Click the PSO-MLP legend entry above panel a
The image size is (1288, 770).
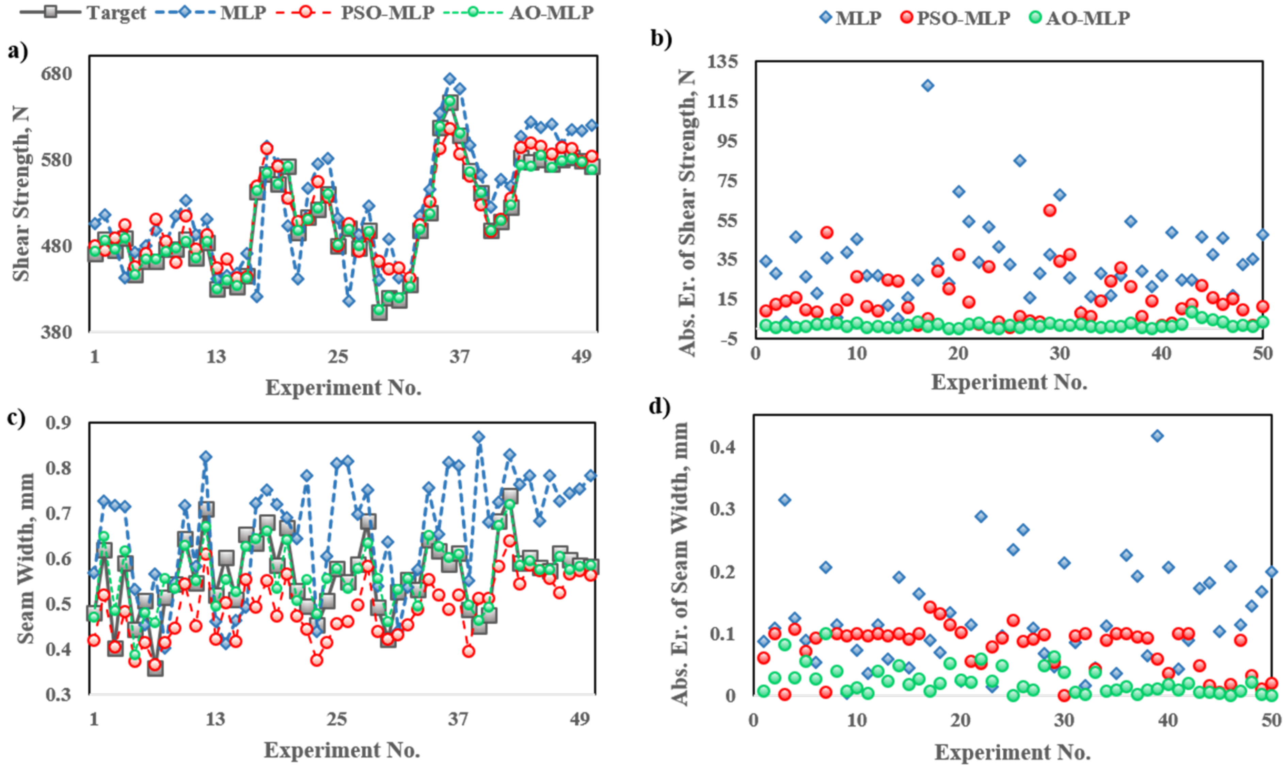[387, 13]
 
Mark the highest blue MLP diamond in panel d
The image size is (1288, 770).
[1157, 436]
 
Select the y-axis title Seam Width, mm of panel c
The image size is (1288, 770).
[25, 558]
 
